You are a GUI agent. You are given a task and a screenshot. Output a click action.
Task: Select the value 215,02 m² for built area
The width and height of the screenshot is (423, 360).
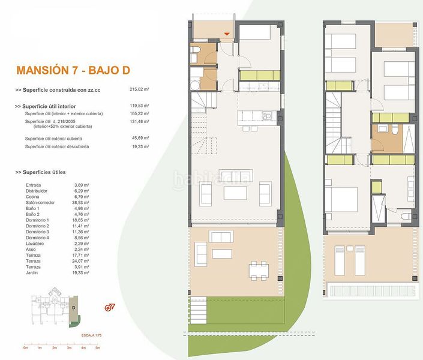[x=139, y=89]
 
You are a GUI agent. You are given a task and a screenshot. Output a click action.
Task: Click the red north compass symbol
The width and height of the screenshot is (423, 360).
[x=109, y=307]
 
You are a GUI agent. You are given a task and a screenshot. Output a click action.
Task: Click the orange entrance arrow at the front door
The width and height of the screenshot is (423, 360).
[x=227, y=34]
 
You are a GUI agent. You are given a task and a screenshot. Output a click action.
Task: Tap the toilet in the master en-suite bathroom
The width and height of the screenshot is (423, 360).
[x=406, y=215]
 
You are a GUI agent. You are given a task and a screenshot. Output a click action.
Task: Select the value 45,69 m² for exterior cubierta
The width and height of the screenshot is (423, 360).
[x=139, y=139]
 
